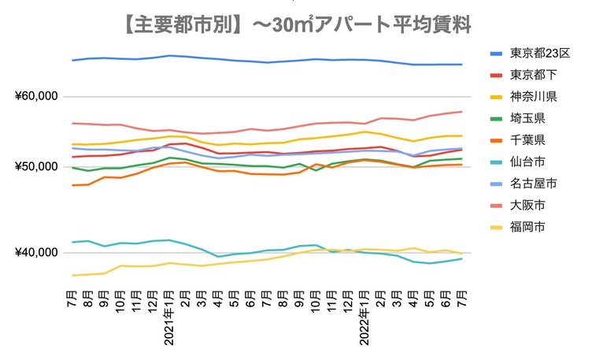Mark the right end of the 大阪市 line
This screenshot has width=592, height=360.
(x=461, y=111)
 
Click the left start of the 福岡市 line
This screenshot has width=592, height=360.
(x=72, y=275)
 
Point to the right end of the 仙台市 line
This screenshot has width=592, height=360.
(x=461, y=258)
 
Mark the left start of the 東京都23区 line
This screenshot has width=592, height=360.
(x=72, y=60)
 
